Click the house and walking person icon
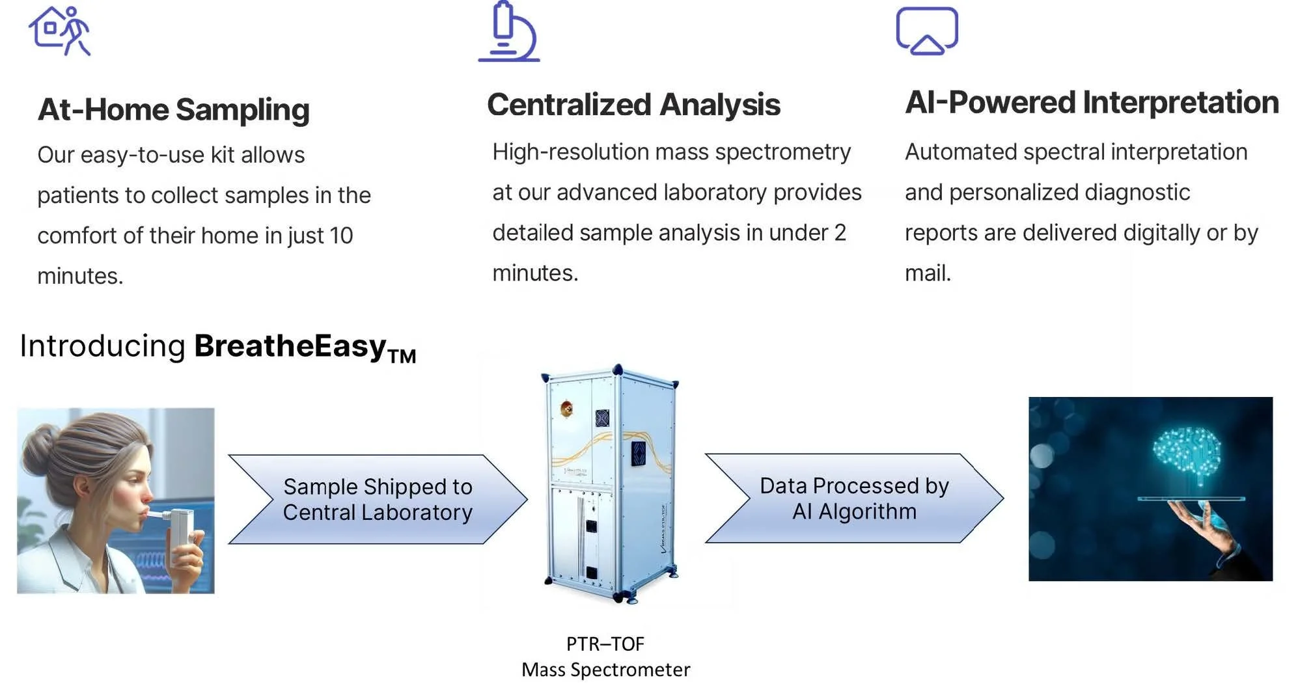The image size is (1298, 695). (x=59, y=31)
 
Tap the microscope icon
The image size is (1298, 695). (x=509, y=33)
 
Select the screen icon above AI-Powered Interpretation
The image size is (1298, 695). (x=927, y=31)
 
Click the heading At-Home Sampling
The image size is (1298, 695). (x=173, y=109)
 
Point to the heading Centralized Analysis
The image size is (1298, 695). (x=633, y=105)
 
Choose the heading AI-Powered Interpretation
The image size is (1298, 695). (x=1092, y=103)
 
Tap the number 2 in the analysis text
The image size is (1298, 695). (x=840, y=233)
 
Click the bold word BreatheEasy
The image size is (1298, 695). (x=290, y=346)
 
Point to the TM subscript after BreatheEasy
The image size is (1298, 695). (x=402, y=357)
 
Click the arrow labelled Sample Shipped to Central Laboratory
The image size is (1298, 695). (x=378, y=499)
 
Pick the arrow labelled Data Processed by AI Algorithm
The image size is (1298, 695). (x=854, y=498)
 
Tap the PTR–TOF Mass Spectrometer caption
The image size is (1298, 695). (x=605, y=657)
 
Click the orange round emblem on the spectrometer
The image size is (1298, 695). (x=566, y=409)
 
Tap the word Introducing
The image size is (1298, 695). (x=103, y=346)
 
